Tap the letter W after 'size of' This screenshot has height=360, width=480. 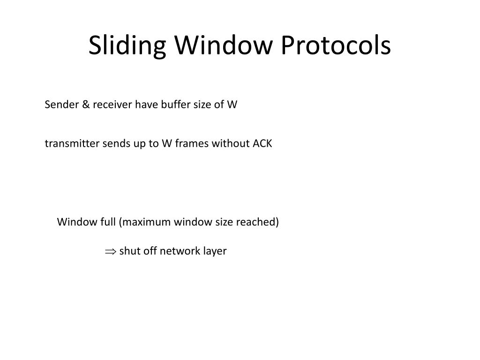pos(232,105)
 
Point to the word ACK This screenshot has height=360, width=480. pos(262,143)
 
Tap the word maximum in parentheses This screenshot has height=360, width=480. pos(145,222)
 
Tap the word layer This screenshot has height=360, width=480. pos(215,251)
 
